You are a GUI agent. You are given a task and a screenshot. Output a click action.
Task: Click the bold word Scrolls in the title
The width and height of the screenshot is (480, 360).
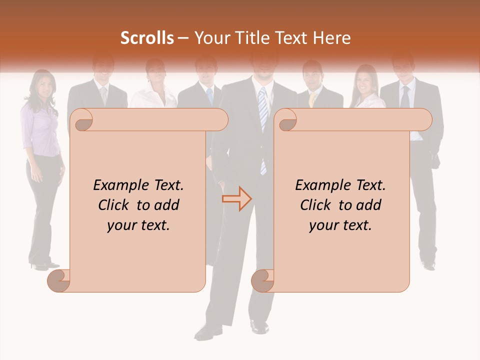coord(147,38)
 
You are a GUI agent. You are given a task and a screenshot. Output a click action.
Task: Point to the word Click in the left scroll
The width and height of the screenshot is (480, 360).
coord(115,205)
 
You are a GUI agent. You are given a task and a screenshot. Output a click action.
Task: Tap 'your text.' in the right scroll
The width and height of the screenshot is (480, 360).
coord(340,225)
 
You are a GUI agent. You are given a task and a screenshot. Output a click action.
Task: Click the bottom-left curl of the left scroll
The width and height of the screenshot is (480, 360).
coord(59,280)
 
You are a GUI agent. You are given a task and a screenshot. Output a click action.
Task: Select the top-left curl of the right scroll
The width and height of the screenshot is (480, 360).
coord(287,120)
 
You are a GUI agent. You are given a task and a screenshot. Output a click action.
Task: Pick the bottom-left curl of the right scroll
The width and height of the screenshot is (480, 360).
coord(263,280)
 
